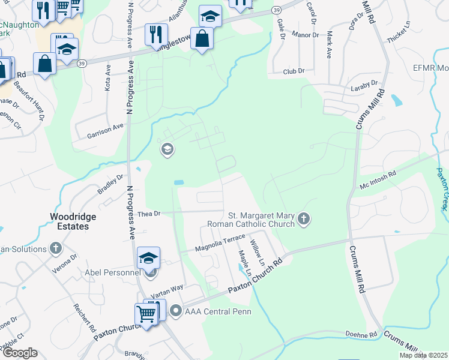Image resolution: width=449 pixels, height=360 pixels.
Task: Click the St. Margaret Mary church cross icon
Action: [x=304, y=219]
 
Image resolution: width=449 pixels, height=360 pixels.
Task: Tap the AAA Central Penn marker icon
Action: [x=176, y=310]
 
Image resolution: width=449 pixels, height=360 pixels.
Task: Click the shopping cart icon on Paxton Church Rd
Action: [x=146, y=313]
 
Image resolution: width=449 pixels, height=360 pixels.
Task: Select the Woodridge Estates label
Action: [x=70, y=222]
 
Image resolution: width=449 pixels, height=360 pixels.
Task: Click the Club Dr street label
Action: [x=294, y=71]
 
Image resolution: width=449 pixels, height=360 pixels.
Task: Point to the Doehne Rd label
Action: [x=361, y=334]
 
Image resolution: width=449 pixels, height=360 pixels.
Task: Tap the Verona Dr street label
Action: [x=64, y=265]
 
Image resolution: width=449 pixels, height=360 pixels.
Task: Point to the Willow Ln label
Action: [x=258, y=253]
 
